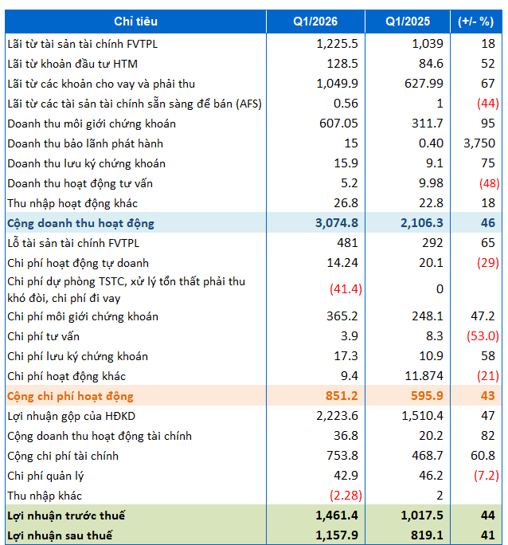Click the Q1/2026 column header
point(315,22)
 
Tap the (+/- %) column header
point(476,22)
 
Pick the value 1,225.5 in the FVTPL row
point(334,44)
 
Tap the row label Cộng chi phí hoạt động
point(70,396)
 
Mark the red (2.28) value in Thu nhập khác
point(340,496)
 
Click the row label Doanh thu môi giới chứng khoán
point(92,124)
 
